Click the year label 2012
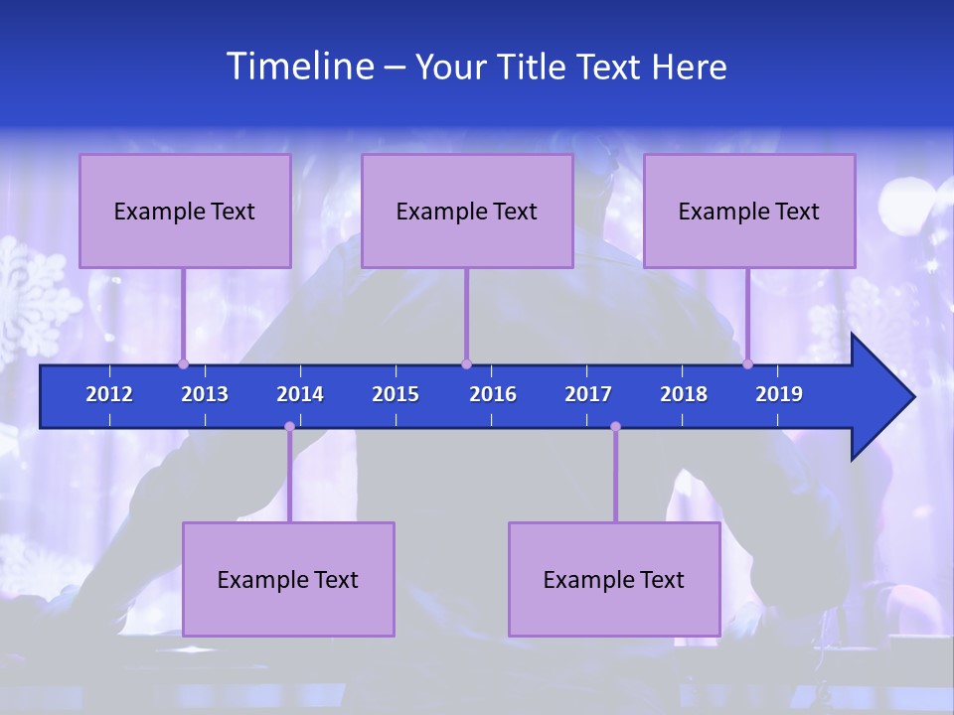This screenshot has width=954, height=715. [109, 394]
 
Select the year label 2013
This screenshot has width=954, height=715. [205, 394]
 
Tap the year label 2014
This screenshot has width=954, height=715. [300, 394]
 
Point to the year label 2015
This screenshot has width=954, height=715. [396, 394]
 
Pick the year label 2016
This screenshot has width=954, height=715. [493, 394]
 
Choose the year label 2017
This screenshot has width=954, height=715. [588, 394]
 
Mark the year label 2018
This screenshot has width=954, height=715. [684, 394]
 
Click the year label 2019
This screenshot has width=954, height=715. [779, 394]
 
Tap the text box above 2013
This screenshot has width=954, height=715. [185, 211]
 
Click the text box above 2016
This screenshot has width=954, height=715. [467, 211]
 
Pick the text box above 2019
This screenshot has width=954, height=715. [749, 211]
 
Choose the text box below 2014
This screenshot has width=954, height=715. [288, 579]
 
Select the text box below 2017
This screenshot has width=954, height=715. [614, 579]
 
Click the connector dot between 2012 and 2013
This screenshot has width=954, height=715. [183, 364]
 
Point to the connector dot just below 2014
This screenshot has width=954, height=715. [289, 427]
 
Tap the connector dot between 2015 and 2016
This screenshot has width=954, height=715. [466, 364]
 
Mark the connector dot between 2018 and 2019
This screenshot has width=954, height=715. [747, 364]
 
